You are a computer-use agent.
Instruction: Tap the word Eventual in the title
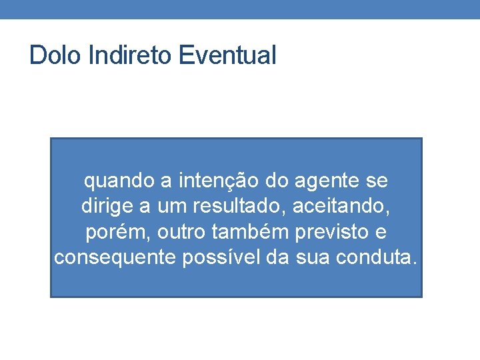tap(227, 55)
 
